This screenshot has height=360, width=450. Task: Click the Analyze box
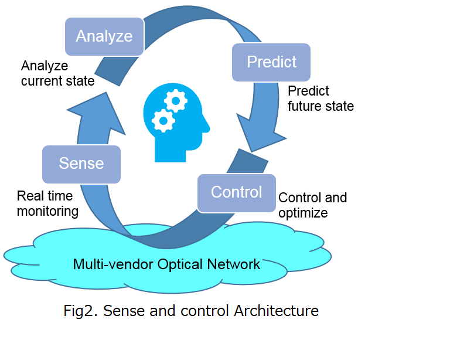[x=104, y=36]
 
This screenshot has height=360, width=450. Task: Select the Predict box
[x=271, y=62]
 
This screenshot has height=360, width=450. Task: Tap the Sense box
[x=81, y=164]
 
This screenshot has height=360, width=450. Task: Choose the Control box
[x=237, y=193]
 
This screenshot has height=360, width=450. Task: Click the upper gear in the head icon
[x=176, y=101]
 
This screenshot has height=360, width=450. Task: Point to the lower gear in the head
[x=163, y=121]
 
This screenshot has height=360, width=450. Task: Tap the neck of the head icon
[x=170, y=154]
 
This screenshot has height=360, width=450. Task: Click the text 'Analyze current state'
[x=57, y=73]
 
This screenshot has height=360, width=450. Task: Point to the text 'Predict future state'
[x=321, y=99]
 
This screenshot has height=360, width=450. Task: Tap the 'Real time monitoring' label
[x=47, y=203]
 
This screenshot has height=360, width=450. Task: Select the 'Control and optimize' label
[x=312, y=205]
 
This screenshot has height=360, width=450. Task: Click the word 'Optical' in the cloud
[x=180, y=264]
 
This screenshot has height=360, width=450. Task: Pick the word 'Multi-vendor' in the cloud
[x=113, y=264]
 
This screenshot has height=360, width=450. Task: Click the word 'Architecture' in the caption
[x=277, y=311]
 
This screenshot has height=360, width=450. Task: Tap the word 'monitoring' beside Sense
[x=47, y=212]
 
